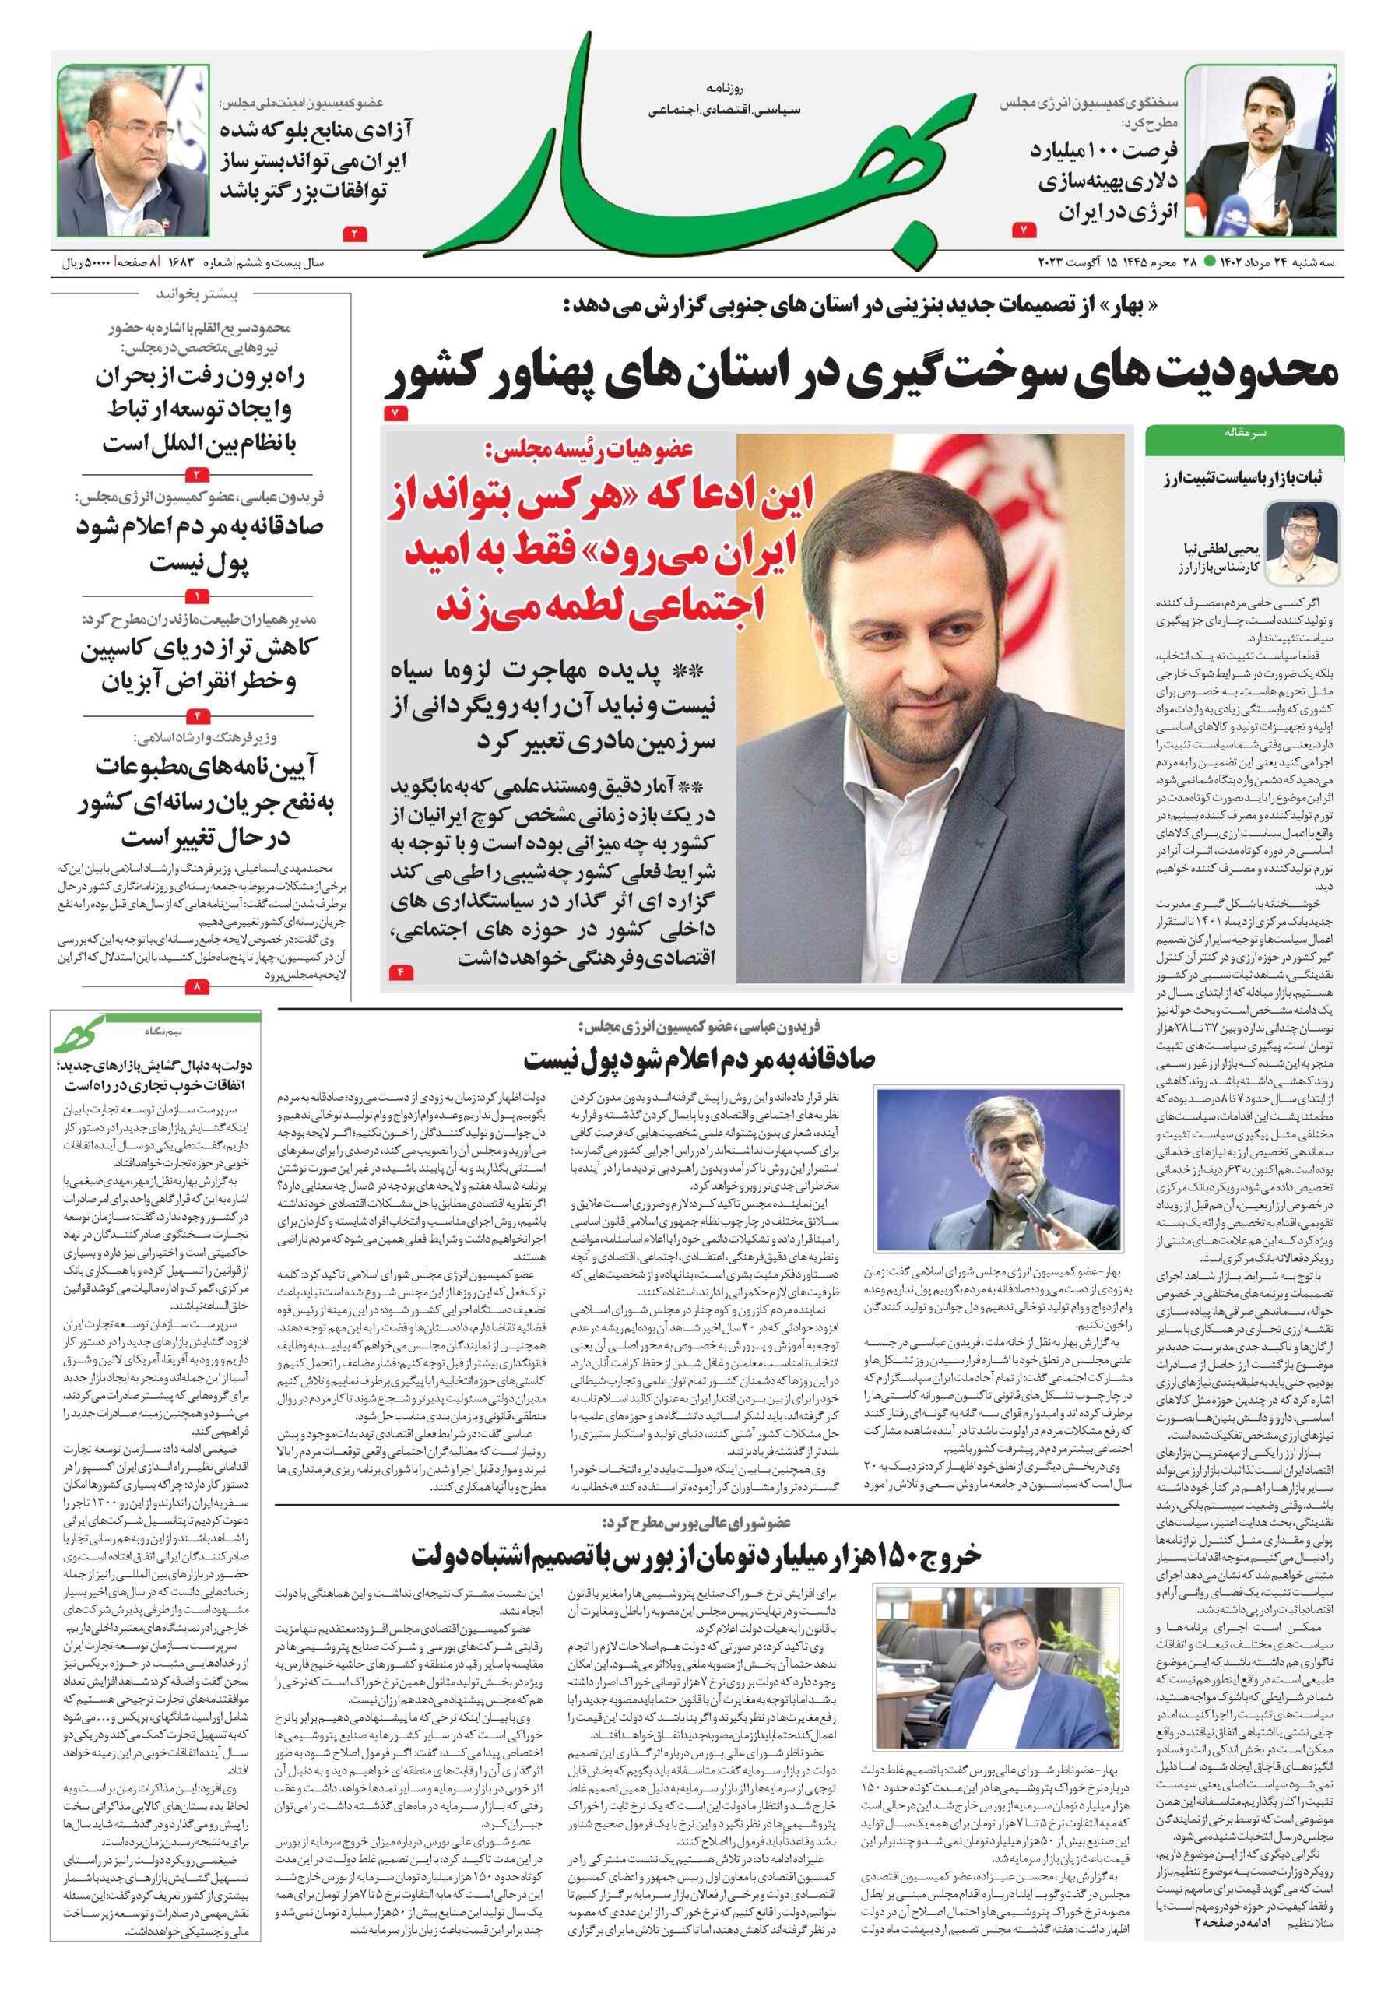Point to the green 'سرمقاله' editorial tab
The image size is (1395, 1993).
[x=1243, y=431]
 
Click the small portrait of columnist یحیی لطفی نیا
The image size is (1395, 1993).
[x=1298, y=543]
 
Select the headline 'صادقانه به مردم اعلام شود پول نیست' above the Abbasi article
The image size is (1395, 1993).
[x=699, y=1059]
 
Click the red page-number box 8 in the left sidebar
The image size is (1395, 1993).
[x=197, y=987]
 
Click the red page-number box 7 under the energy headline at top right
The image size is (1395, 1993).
[x=1024, y=231]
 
